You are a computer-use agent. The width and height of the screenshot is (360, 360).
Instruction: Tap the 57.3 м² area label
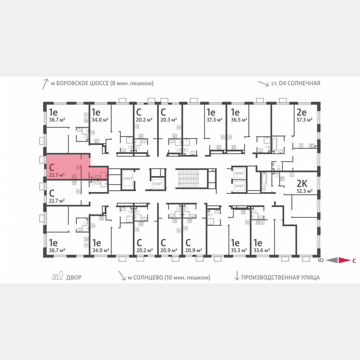(304, 119)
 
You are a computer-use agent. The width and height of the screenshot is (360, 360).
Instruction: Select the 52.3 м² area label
(304, 192)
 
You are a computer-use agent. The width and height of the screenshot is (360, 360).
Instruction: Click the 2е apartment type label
(301, 112)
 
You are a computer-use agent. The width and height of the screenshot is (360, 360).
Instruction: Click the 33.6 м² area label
(260, 250)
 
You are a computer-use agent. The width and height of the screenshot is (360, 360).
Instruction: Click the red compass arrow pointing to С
(344, 261)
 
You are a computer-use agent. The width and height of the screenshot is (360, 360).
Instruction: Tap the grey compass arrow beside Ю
(332, 261)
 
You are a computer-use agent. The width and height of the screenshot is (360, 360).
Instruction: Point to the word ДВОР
(75, 277)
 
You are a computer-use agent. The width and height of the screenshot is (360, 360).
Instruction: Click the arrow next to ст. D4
(263, 83)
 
